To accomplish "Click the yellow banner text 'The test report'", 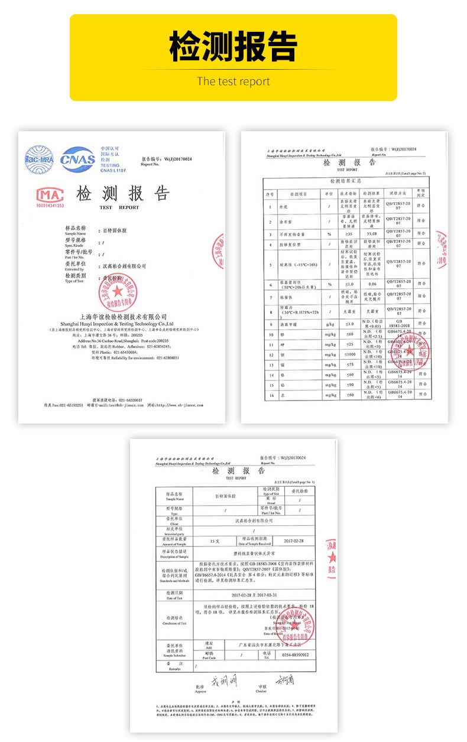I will (234, 82).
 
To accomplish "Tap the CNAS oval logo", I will (78, 160).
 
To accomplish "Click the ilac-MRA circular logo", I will (40, 160).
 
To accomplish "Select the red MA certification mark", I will (50, 196).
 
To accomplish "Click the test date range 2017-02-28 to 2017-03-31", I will (254, 595).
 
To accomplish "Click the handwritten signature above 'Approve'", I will (223, 681).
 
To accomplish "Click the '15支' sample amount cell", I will (215, 541).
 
